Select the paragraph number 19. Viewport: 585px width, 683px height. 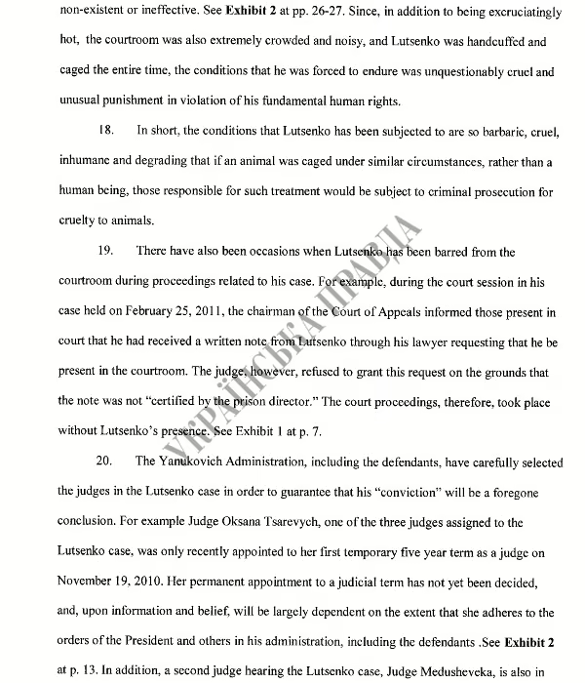pos(109,252)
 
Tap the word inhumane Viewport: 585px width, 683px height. pos(87,161)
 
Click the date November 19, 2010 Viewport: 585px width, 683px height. pos(118,581)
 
